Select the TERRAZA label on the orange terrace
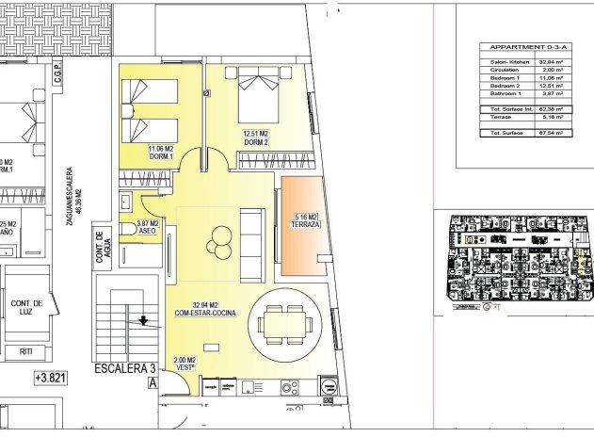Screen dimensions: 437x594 [x=307, y=223]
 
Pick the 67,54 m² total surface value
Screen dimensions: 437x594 [x=551, y=134]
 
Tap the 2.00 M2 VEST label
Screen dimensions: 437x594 [x=185, y=364]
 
